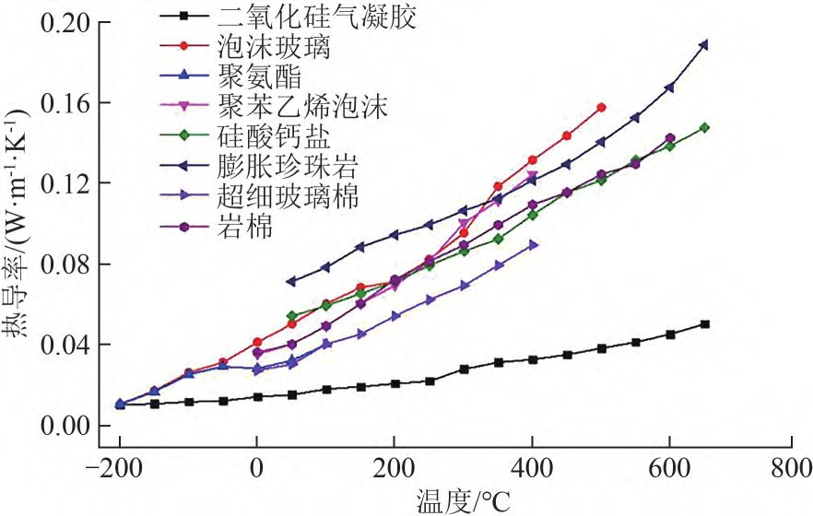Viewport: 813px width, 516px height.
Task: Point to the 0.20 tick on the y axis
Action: (x=66, y=22)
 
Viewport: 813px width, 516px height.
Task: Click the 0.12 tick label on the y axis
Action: (x=66, y=183)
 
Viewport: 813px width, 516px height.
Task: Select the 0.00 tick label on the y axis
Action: (x=66, y=426)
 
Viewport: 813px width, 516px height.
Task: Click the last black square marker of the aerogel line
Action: (x=704, y=324)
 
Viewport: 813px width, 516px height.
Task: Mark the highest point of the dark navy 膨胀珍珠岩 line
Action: (x=704, y=44)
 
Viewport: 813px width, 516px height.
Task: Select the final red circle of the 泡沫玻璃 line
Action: (x=601, y=108)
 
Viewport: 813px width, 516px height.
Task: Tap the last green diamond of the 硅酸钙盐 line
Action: (x=704, y=127)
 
